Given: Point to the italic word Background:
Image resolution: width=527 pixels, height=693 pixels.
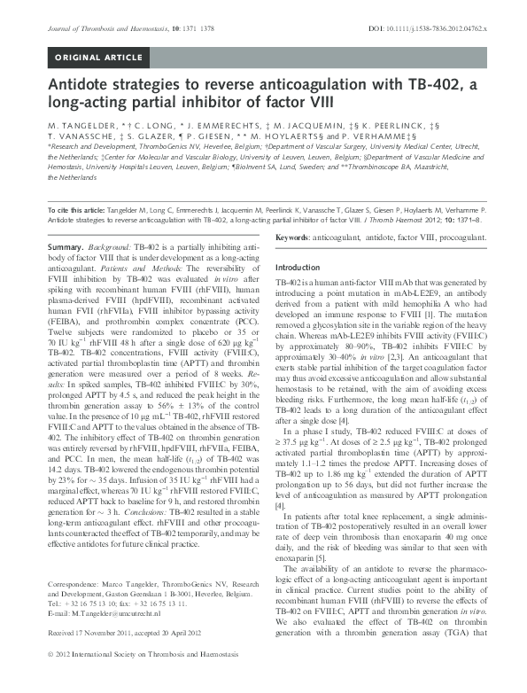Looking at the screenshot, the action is [x=114, y=244].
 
